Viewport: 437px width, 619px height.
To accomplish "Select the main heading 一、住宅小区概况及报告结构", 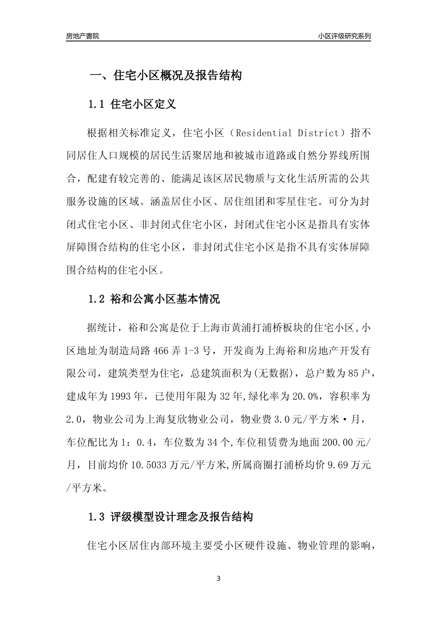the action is tap(165, 76).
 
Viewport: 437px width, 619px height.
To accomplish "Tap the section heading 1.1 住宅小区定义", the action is tap(132, 104).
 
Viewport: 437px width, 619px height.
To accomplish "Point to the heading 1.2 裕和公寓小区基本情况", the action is tap(154, 299).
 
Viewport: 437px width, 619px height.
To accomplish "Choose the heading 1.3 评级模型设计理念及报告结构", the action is tap(171, 517).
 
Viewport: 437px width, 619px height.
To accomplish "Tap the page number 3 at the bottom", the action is tap(218, 578).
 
